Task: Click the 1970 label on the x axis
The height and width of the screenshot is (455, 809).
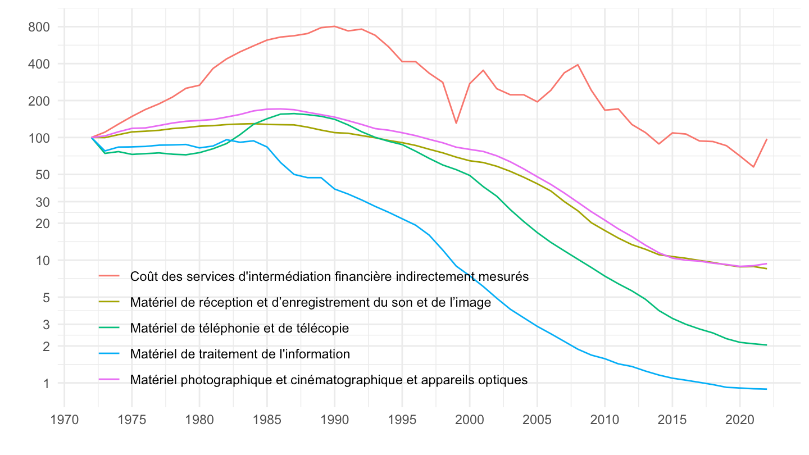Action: click(65, 419)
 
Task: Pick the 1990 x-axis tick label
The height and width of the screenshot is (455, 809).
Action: click(334, 419)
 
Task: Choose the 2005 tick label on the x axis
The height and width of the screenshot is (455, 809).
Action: click(537, 419)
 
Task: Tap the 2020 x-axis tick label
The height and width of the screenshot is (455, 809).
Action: click(739, 419)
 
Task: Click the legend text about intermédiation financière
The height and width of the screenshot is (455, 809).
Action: click(329, 276)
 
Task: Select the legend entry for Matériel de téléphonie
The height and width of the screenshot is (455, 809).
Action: click(239, 328)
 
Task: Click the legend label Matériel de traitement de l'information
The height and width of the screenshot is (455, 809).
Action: click(240, 354)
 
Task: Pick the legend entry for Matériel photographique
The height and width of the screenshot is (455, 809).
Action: click(329, 380)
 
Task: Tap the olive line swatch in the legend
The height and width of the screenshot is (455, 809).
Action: click(109, 302)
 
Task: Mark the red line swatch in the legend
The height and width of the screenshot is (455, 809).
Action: click(109, 276)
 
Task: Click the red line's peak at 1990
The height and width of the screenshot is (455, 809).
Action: click(334, 26)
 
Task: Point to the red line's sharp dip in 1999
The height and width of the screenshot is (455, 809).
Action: click(456, 123)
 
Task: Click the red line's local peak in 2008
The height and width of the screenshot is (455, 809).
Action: click(578, 65)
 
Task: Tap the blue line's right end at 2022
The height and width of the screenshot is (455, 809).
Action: click(766, 389)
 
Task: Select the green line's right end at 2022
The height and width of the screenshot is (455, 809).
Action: click(766, 345)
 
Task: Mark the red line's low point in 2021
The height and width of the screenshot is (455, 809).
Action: click(753, 167)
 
